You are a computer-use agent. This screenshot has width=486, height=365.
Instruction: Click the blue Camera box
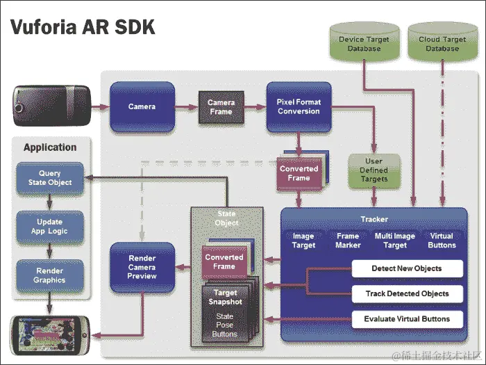(x=142, y=106)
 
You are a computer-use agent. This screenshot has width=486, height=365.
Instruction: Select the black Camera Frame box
(x=221, y=107)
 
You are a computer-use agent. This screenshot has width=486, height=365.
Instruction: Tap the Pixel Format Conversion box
(x=299, y=106)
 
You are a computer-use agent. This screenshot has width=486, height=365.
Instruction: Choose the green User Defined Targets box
(x=374, y=170)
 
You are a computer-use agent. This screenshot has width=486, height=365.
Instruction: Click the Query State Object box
(x=50, y=178)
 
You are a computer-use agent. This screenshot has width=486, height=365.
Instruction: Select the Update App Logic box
(x=50, y=227)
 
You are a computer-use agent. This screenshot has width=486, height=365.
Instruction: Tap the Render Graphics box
(x=50, y=275)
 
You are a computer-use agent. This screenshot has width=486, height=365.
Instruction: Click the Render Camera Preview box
(x=142, y=267)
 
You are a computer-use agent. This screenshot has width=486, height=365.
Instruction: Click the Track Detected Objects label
(x=407, y=293)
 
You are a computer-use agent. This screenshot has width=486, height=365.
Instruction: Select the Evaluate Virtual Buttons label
(x=407, y=319)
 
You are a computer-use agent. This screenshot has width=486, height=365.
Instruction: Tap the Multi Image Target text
(x=395, y=241)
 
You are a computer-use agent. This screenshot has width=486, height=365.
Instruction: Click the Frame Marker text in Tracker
(x=348, y=241)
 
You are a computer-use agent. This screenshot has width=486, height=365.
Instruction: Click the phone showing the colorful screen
(x=50, y=334)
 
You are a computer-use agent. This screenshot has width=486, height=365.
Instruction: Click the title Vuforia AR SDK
(x=82, y=28)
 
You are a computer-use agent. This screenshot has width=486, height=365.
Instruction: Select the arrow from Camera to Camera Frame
(x=186, y=107)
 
